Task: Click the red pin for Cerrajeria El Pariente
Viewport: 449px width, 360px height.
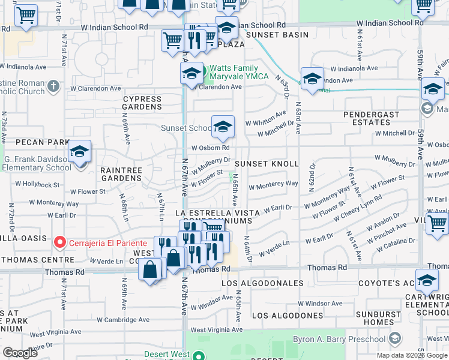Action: click(x=59, y=242)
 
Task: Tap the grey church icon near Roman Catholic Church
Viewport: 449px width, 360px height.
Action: click(x=53, y=86)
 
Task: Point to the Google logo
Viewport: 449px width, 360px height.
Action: click(x=20, y=353)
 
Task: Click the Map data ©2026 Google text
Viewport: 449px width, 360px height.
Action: click(x=411, y=355)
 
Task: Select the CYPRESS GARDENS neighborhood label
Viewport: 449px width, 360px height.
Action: click(x=142, y=103)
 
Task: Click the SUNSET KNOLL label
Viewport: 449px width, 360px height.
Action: click(x=267, y=164)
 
